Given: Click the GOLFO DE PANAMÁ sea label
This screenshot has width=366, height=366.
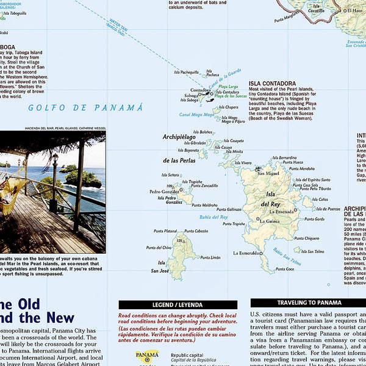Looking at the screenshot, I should click(85, 108).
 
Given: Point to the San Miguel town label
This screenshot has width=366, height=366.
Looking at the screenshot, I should click(268, 173).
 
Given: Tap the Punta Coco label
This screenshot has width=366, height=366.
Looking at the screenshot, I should click(285, 268).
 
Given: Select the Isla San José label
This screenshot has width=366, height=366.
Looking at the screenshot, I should click(160, 267).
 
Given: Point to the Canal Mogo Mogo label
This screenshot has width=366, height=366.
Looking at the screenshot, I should click(196, 114).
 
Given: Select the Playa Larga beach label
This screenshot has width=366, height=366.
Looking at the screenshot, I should click(229, 87).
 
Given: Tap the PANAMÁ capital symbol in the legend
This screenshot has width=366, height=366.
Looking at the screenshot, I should click(147, 356).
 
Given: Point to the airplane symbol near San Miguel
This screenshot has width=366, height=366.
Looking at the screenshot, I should click(259, 168).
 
